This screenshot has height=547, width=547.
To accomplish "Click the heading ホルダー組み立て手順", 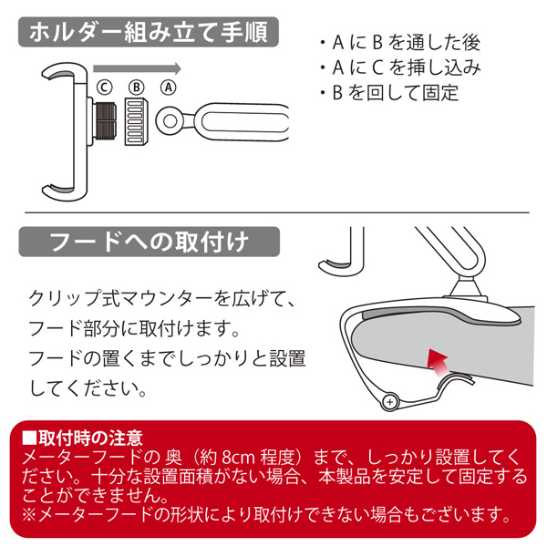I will [149, 35].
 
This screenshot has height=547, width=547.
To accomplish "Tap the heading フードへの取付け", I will [149, 243].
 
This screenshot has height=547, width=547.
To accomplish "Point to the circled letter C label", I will [105, 88].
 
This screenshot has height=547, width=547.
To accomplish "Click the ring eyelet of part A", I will [170, 119].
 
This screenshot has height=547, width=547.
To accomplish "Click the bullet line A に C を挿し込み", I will [400, 67].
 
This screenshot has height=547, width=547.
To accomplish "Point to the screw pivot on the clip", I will [392, 400].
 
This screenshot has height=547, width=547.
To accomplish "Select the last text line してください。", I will [87, 388].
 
